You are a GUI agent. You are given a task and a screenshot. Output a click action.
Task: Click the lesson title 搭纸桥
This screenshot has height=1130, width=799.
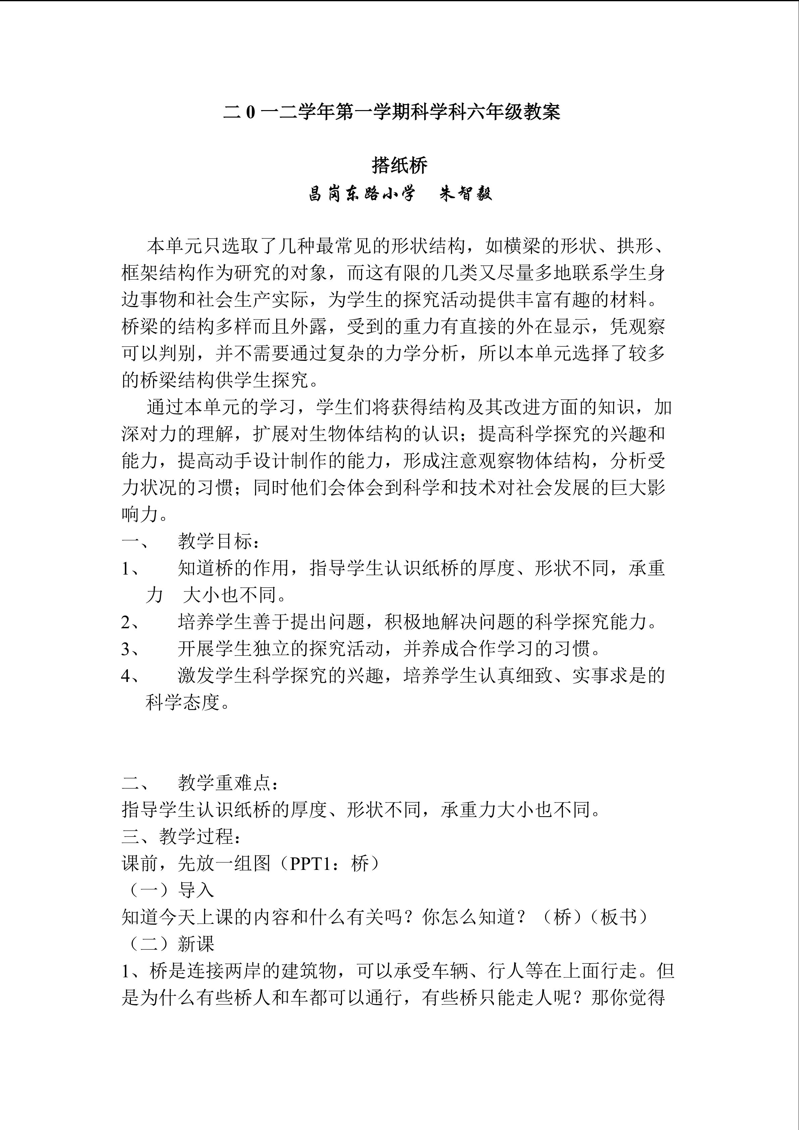(399, 165)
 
